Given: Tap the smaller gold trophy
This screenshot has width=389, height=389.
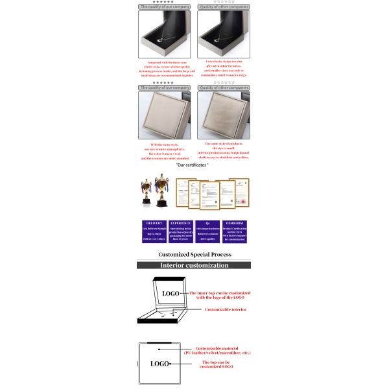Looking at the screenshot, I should [x=145, y=189].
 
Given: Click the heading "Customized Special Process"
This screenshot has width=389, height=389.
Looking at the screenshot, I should [x=194, y=255].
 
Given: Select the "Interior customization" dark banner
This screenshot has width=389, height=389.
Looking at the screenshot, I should [x=194, y=265].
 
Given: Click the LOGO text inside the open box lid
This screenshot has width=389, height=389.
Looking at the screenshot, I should [x=171, y=294].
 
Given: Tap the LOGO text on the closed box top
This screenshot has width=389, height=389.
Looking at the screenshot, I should [x=159, y=364].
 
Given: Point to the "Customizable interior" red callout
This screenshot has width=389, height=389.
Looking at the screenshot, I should [x=226, y=310].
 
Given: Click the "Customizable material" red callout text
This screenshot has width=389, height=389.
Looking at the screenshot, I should [x=217, y=350].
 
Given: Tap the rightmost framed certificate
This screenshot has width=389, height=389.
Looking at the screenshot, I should [x=243, y=193].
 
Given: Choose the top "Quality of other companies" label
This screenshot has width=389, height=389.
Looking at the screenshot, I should [x=224, y=6].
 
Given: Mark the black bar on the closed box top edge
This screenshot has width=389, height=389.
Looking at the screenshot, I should [x=159, y=343].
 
